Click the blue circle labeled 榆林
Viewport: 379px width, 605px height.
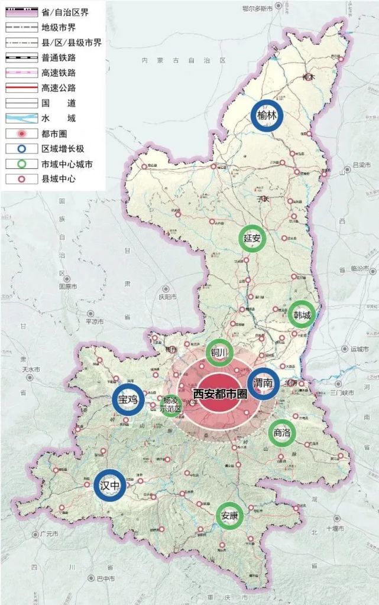(x=267, y=116)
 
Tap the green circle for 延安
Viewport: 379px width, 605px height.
(x=252, y=238)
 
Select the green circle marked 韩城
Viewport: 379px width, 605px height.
(x=301, y=314)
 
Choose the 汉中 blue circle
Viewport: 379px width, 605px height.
(x=111, y=486)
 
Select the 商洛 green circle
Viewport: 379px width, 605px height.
(x=282, y=433)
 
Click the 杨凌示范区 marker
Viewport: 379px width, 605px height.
(x=170, y=406)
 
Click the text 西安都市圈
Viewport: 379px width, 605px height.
(x=220, y=393)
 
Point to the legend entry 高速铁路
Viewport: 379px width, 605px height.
(x=59, y=73)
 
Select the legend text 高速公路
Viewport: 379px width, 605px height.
(x=59, y=88)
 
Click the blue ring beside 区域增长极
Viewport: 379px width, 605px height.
(x=20, y=149)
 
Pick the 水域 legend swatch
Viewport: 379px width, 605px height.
(x=20, y=118)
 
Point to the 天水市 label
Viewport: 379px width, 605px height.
(x=30, y=369)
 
